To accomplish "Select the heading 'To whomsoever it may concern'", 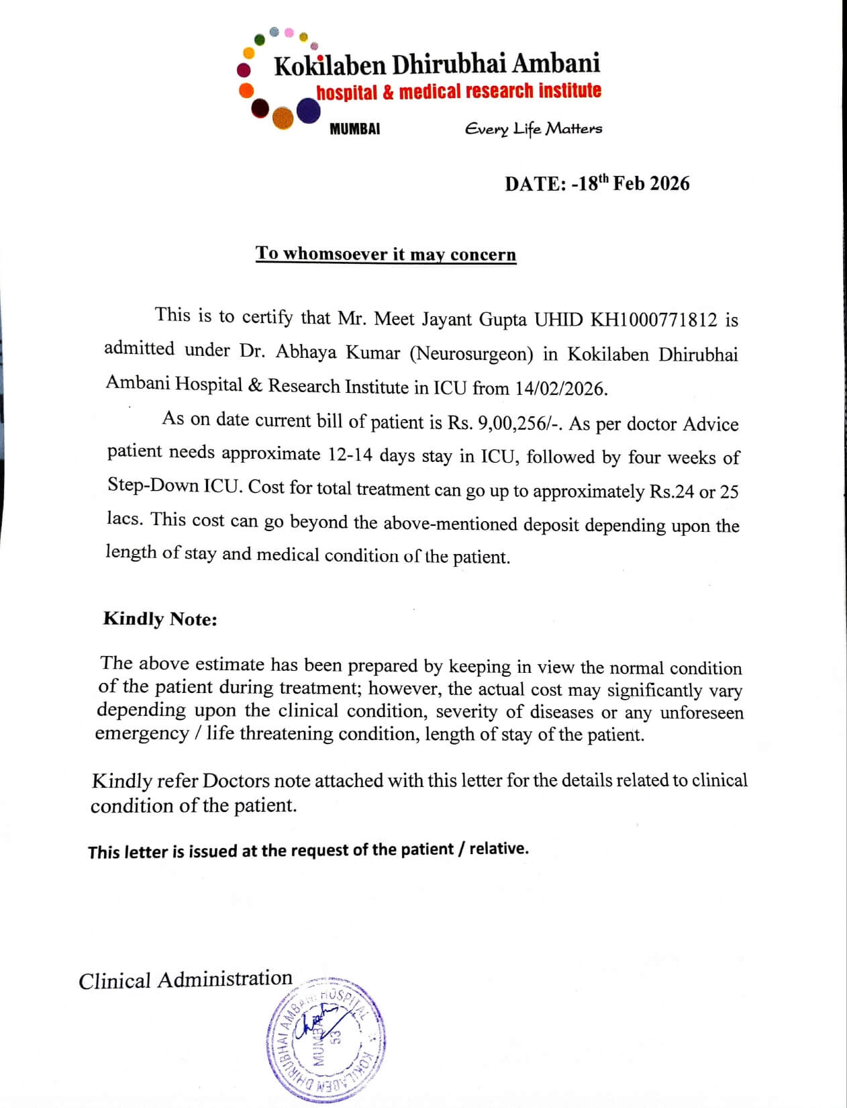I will click(386, 254).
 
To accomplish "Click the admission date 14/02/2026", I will click(561, 388).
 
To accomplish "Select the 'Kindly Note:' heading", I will click(160, 618).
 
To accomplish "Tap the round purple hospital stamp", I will click(326, 1037).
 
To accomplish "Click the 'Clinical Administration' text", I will click(185, 980).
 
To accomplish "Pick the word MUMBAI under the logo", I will click(354, 129).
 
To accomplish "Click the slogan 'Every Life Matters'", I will click(534, 128).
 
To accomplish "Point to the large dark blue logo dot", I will click(308, 111).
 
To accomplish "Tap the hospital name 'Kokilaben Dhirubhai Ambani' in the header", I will click(437, 64).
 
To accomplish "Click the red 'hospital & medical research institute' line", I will click(459, 91).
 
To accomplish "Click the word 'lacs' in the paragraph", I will click(123, 519).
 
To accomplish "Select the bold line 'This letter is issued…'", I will click(308, 850).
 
